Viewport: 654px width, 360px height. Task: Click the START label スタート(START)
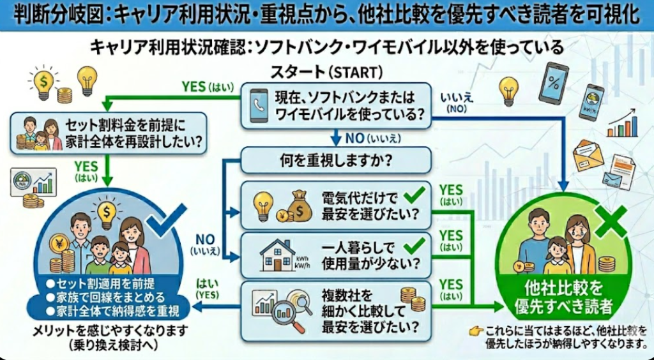coord(328,71)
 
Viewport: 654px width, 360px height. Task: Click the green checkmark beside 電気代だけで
coord(414,195)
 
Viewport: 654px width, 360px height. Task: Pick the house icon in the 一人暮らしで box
coord(277,255)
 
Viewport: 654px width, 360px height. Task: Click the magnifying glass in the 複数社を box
coord(298,310)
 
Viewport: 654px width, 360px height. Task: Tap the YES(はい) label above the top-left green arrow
coord(208,86)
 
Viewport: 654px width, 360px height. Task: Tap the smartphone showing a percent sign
coord(552,82)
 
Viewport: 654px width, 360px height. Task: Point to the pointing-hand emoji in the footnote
coord(474,332)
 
